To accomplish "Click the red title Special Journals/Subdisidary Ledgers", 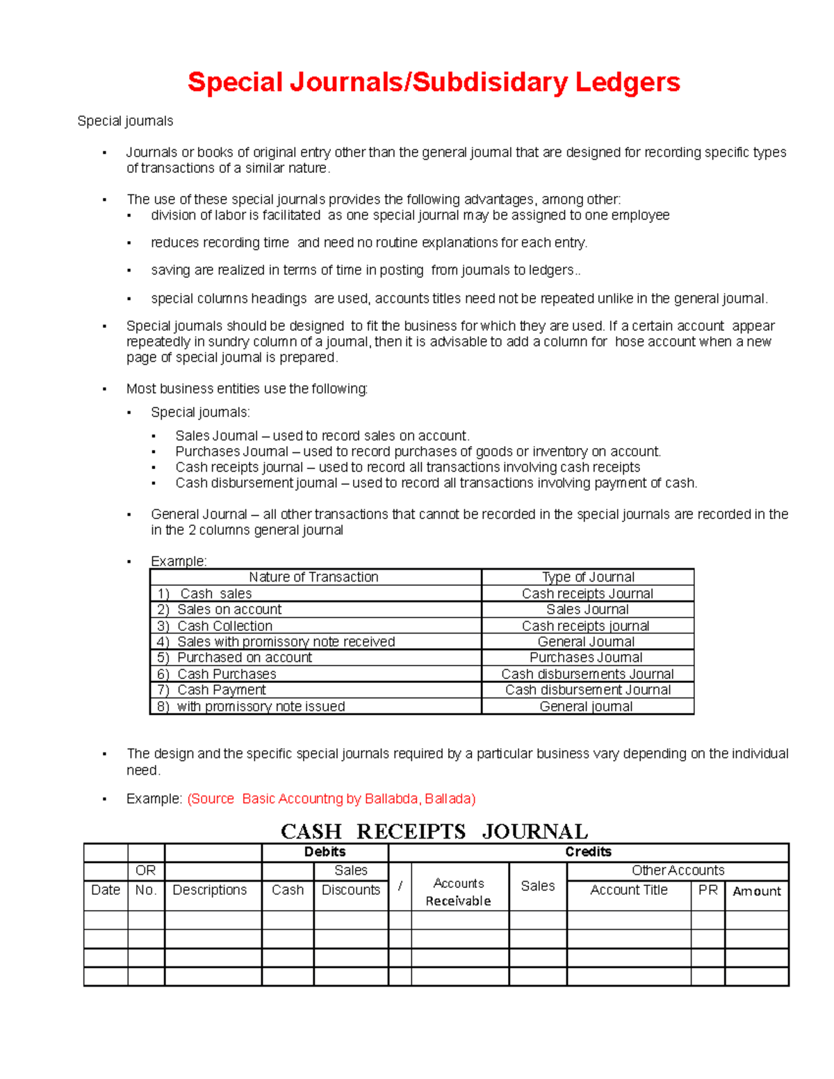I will pos(434,83).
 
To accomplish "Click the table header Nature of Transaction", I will pos(313,577).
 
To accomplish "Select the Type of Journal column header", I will pos(588,577).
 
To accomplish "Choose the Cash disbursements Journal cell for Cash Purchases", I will pos(587,674).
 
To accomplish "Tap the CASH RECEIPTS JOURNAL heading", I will pos(434,831).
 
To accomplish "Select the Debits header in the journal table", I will pos(325,852).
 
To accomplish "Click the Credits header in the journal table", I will pos(588,852).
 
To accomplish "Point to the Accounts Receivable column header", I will pos(459,891).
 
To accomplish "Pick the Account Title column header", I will pos(628,890).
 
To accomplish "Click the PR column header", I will pos(708,890).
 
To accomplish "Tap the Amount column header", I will pos(756,891).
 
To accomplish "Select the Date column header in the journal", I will pos(106,890).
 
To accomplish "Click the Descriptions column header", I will pos(209,890).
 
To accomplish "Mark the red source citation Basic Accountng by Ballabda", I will pos(332,798).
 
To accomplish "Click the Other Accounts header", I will pos(678,871).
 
